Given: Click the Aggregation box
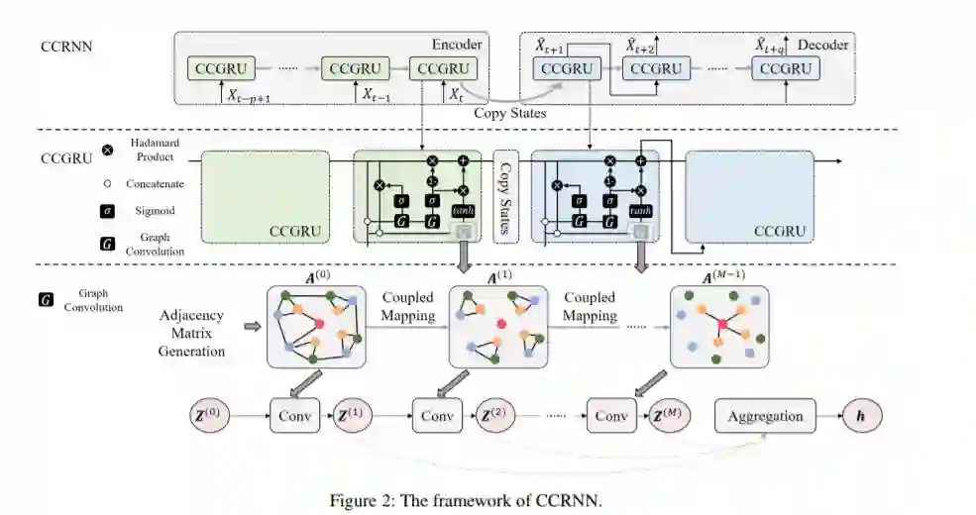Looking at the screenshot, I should (x=766, y=416).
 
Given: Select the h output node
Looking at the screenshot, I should (x=861, y=416).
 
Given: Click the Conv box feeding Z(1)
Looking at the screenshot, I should (x=294, y=416).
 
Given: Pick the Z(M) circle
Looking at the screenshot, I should (x=671, y=416).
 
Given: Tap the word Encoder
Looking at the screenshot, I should (x=457, y=45).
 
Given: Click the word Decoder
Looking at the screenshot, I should (x=823, y=45).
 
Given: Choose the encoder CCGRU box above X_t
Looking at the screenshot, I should (x=443, y=69).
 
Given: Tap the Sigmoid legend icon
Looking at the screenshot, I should (x=107, y=211).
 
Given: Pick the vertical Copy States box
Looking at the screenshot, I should (x=506, y=197).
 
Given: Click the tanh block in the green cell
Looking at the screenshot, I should (x=463, y=212).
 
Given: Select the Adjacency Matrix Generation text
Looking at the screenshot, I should (x=192, y=333).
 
